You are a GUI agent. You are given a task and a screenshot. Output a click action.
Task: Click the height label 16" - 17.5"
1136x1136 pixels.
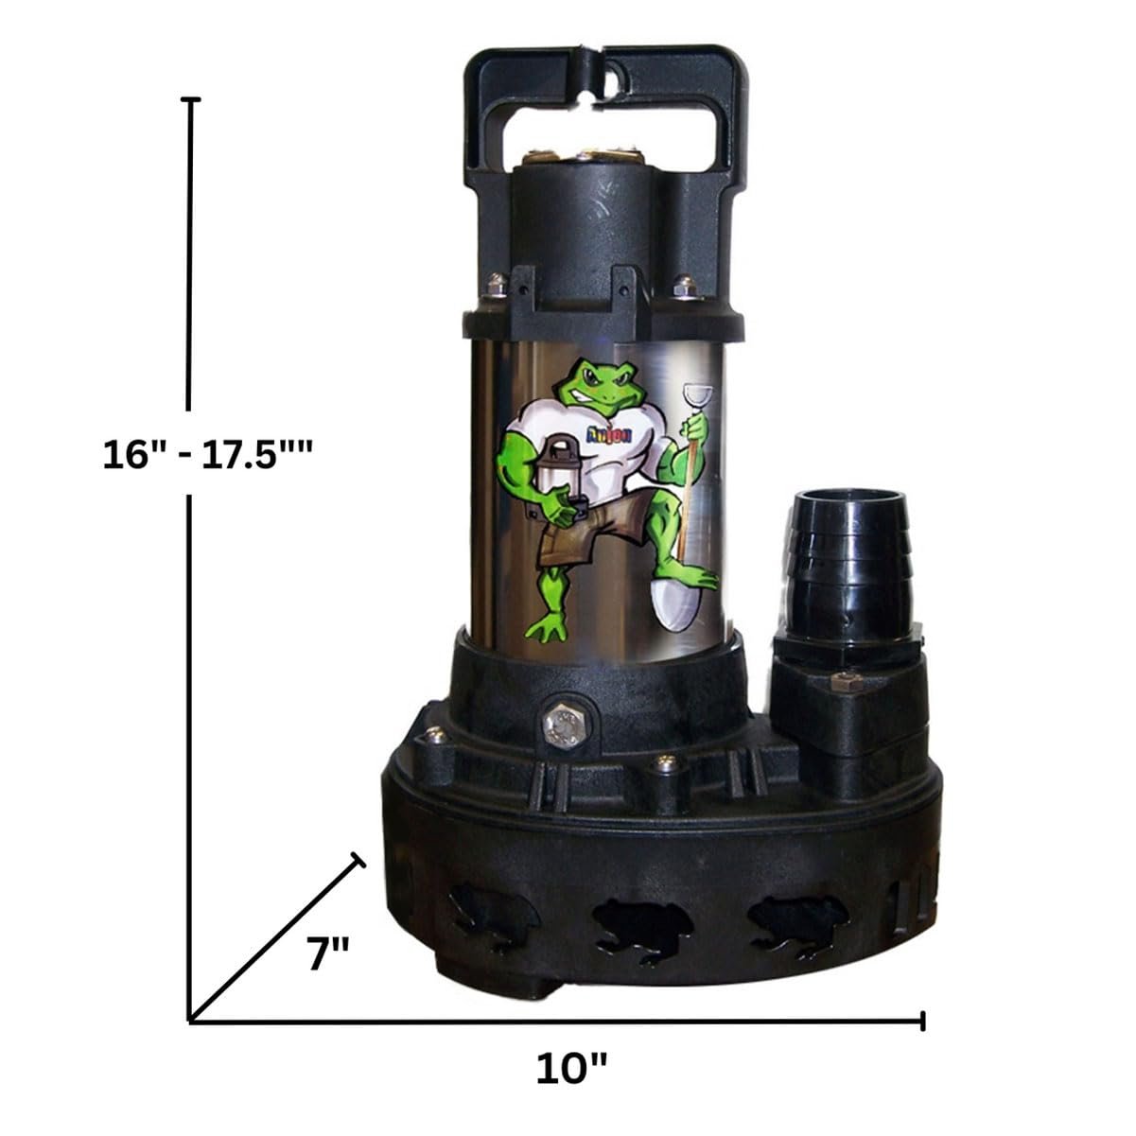[208, 456]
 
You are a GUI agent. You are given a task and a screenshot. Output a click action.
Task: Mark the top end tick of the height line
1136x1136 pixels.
[192, 98]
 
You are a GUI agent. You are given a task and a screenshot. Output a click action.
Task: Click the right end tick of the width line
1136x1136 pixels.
[922, 1020]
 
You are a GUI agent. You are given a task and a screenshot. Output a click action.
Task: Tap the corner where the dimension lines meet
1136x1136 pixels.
[192, 1020]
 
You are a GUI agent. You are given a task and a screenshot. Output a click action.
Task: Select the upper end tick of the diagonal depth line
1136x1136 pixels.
[358, 859]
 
